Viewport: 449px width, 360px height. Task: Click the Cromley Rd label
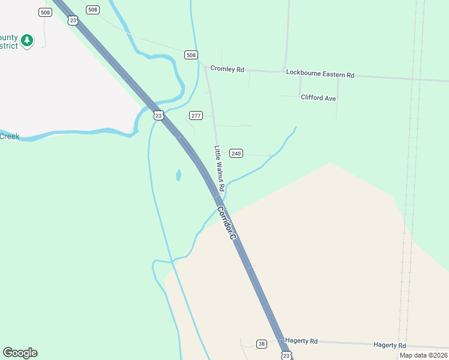(x=227, y=70)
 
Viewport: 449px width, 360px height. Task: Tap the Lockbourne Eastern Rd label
(x=320, y=74)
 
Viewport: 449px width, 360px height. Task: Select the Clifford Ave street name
(x=318, y=98)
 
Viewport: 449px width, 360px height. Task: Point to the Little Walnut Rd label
(x=220, y=169)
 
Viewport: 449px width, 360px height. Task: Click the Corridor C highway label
(x=227, y=223)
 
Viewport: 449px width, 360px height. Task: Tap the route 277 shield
(x=196, y=115)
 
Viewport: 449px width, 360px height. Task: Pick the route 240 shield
(x=236, y=154)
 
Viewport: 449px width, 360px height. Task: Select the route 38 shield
(x=261, y=344)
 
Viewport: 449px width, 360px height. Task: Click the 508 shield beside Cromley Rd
(x=191, y=55)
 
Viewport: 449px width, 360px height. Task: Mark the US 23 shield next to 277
(x=158, y=115)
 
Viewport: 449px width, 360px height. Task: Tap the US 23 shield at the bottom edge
(x=286, y=356)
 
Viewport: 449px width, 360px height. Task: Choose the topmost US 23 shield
(x=73, y=20)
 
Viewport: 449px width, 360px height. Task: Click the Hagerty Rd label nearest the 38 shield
(x=301, y=341)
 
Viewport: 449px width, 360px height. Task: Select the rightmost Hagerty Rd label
(x=390, y=345)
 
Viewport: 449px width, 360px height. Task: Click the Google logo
(x=20, y=353)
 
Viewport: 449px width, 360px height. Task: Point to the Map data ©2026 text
(x=423, y=355)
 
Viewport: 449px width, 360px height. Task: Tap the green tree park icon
(x=26, y=40)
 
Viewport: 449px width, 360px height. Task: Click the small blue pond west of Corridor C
(x=178, y=175)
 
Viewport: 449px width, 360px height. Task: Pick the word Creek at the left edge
(x=10, y=136)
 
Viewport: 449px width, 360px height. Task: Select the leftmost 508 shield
(x=44, y=12)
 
